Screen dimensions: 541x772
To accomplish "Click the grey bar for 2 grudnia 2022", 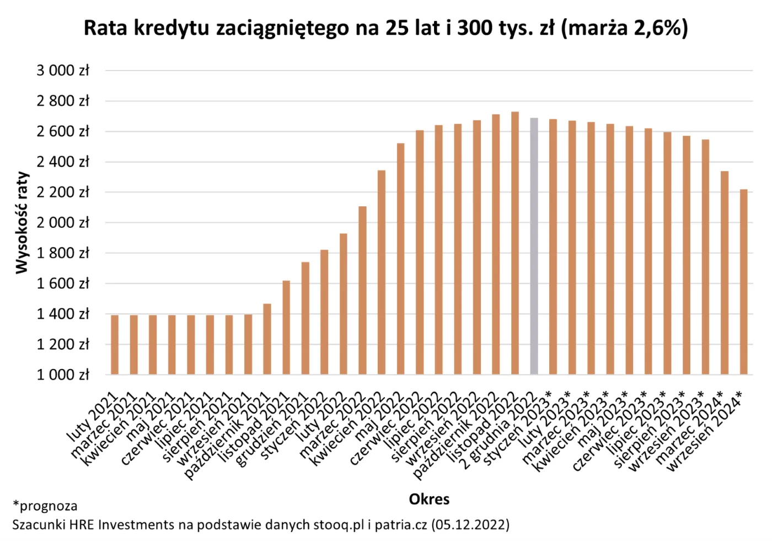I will [534, 246].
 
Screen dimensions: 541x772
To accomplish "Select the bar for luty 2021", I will [115, 345].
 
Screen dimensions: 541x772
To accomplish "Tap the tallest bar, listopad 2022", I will [514, 243].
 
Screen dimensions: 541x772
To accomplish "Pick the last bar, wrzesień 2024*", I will [743, 282].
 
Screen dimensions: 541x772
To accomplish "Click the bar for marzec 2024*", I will [725, 273].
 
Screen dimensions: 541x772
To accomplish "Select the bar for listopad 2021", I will [286, 328].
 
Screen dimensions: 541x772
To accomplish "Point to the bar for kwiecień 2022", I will [381, 272].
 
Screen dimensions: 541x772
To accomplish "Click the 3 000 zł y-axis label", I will [63, 71].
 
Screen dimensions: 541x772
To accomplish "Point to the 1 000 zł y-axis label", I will [63, 375].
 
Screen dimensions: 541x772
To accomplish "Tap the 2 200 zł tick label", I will [63, 192].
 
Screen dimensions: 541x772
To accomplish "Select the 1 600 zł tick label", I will [63, 283].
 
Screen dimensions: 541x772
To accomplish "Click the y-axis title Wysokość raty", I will [22, 222].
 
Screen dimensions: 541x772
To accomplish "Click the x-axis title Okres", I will [429, 499].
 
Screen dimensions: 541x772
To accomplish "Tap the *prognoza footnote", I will [45, 506].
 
